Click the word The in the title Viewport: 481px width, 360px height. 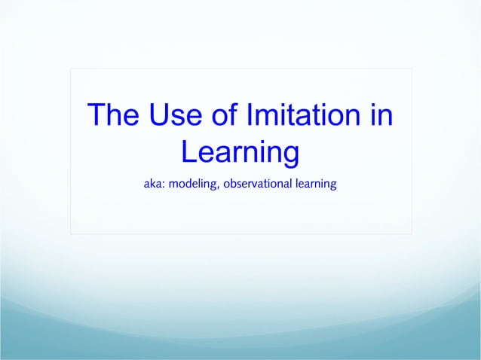[x=112, y=116]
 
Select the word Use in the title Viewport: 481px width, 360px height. [x=170, y=116]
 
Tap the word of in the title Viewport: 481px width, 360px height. [x=220, y=116]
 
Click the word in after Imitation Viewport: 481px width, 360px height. [x=381, y=116]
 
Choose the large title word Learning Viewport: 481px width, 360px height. [x=240, y=153]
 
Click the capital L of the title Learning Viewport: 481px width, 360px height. [x=189, y=153]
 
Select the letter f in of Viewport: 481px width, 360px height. [x=228, y=116]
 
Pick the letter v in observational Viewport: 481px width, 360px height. [x=255, y=184]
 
